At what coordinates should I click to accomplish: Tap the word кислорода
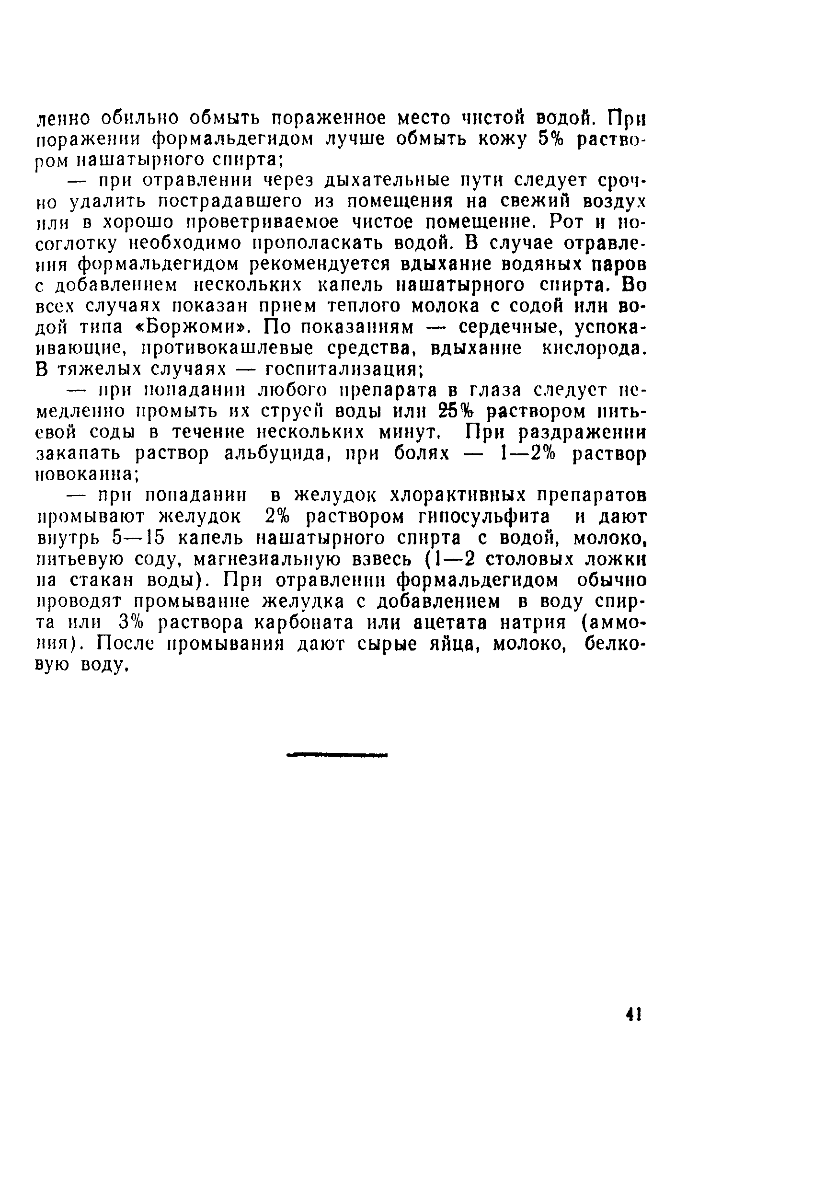tap(594, 349)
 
